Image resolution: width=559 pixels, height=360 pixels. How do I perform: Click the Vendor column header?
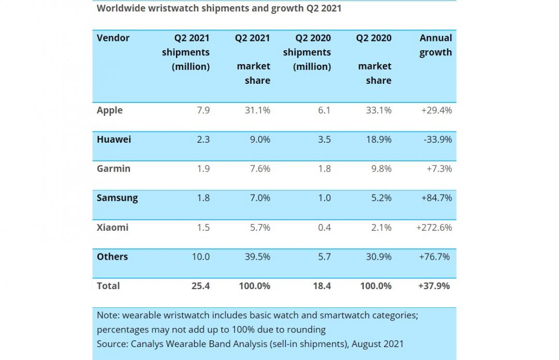coord(113,38)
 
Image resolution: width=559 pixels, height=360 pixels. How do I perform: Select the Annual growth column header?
coord(435,45)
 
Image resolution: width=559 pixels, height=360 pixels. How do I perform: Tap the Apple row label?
coord(110,110)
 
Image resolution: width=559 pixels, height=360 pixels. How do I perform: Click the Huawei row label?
coord(114,139)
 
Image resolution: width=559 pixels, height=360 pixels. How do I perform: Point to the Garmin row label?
coord(113,169)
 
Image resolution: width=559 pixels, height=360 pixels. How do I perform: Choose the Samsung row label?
coord(117,198)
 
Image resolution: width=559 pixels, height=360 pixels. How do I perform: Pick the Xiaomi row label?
coord(112,227)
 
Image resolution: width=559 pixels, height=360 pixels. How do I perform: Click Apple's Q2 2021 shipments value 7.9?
coord(203,110)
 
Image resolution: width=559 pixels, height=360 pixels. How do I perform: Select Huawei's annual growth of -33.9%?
coord(437,139)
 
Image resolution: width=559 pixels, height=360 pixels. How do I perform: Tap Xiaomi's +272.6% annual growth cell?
coord(434,227)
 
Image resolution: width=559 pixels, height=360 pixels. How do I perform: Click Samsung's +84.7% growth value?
coord(436,198)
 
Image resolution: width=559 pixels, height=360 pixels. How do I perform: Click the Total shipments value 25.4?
coord(200,286)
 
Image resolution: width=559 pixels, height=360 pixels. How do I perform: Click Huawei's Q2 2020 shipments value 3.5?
coord(324,139)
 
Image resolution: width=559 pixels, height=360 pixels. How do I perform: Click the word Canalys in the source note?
coord(149,343)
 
